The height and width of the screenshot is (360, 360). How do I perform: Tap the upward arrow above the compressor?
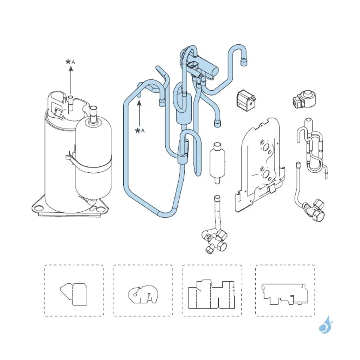click(x=71, y=80)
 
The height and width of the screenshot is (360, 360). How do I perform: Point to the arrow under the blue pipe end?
click(x=139, y=114)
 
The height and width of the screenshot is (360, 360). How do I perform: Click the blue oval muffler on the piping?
click(x=184, y=110)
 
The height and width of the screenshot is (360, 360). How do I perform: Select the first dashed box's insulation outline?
click(x=74, y=294)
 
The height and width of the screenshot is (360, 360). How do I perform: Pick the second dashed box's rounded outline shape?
click(x=143, y=294)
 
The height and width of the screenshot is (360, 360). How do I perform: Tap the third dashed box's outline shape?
click(x=212, y=294)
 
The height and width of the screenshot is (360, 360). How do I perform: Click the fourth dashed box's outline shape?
click(x=284, y=294)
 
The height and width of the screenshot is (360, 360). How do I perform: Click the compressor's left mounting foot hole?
click(x=38, y=208)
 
